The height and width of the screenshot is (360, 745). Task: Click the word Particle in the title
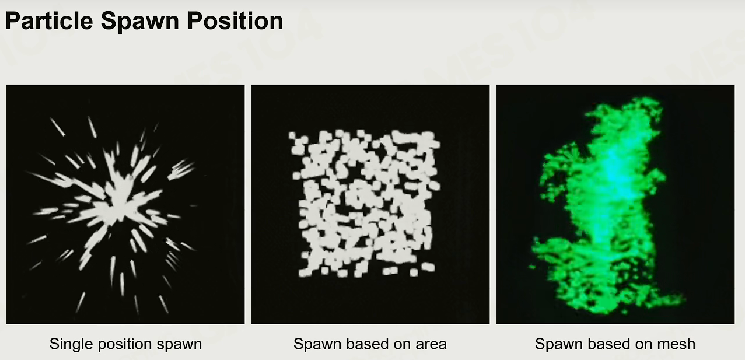tap(49, 20)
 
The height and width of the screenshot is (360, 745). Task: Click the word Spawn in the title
tap(140, 22)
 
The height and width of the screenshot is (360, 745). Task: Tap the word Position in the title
tap(235, 22)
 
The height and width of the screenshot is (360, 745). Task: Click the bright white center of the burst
tap(117, 205)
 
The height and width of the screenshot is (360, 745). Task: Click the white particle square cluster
tap(366, 203)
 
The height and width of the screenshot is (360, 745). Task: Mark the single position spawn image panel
tap(125, 205)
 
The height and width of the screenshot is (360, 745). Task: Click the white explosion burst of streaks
tap(115, 207)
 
